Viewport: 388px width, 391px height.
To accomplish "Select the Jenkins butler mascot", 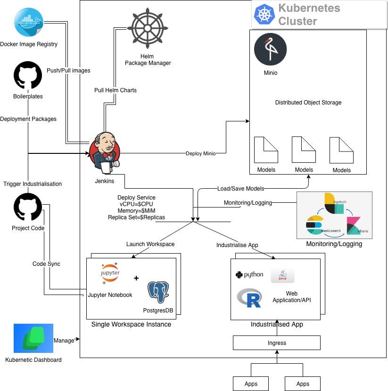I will [x=105, y=152].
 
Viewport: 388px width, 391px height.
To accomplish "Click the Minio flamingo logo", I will [x=270, y=49].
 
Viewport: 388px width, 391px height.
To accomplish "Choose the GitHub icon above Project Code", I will [x=28, y=207].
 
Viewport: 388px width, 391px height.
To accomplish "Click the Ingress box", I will [x=277, y=343].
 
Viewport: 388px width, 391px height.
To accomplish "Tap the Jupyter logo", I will [x=110, y=273].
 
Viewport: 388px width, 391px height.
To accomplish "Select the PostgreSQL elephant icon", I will [x=158, y=292].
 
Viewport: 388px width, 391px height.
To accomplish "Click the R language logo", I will [x=249, y=298].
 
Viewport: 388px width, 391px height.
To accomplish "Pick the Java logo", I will [x=282, y=276].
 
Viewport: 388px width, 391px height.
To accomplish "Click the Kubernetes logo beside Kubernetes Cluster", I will [x=264, y=14].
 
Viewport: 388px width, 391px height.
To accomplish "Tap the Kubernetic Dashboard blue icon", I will [x=33, y=338].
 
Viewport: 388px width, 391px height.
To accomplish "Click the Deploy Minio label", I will [x=201, y=153].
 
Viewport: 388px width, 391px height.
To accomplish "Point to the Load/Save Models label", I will [x=240, y=189].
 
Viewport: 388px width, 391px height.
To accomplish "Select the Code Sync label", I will [x=46, y=264].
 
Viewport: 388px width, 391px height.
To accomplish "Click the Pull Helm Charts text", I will [x=116, y=90].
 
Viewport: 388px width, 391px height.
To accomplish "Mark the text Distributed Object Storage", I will [x=308, y=103].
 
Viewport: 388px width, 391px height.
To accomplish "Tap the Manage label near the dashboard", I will [x=64, y=340].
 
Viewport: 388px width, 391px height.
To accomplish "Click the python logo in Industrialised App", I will [x=249, y=275].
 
